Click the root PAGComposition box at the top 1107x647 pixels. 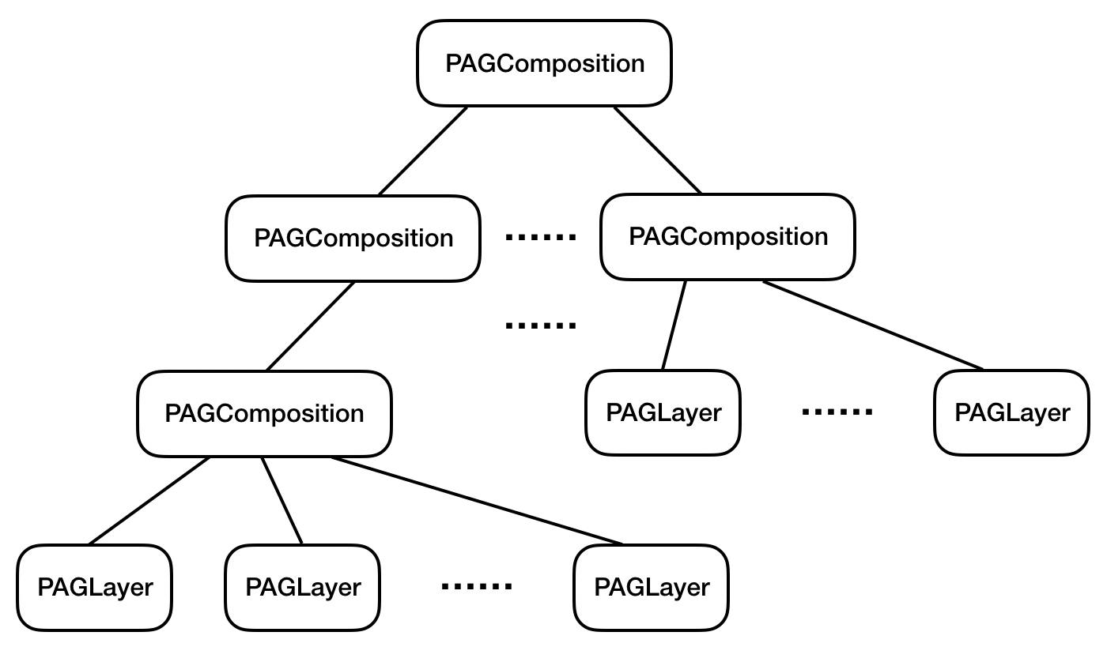coord(544,63)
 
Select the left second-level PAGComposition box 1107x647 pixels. coord(353,238)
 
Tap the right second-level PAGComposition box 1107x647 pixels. coord(727,236)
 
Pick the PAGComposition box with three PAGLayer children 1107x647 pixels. coord(264,413)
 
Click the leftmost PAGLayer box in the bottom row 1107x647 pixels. coord(95,587)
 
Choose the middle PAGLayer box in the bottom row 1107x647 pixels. coord(303,587)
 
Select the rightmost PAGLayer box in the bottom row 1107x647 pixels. coord(652,587)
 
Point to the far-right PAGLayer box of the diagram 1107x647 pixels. coord(1011,412)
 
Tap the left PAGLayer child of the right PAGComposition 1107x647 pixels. coord(663,412)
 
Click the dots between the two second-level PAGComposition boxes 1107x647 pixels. coord(541,237)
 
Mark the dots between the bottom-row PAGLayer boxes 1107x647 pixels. coord(477,586)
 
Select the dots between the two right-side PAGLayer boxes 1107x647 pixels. coord(837,412)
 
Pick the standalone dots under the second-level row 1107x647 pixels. coord(541,325)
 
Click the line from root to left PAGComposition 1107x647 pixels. coord(423,151)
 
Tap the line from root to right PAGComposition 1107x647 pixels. coord(658,150)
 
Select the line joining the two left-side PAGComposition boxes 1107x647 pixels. coord(310,326)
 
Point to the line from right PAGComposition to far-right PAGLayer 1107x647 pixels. coord(873,325)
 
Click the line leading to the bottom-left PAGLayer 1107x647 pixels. coord(150,500)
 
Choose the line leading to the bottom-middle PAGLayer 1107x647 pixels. coord(282,500)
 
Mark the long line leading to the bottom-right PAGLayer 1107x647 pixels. coord(477,500)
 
